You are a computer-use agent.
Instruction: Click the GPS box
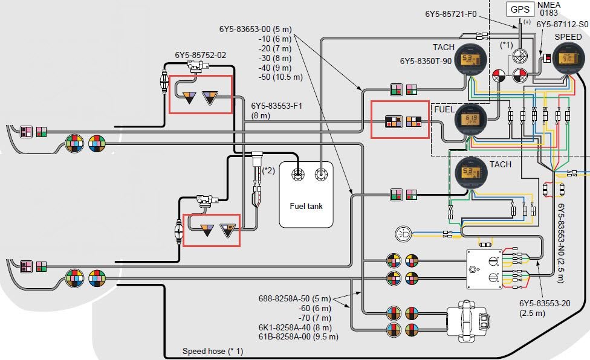[x=519, y=10]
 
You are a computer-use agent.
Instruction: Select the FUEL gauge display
[x=469, y=120]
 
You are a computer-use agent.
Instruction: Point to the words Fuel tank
[x=306, y=206]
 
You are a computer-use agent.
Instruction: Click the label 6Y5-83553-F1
[x=276, y=105]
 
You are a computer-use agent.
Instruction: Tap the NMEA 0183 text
[x=549, y=8]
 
